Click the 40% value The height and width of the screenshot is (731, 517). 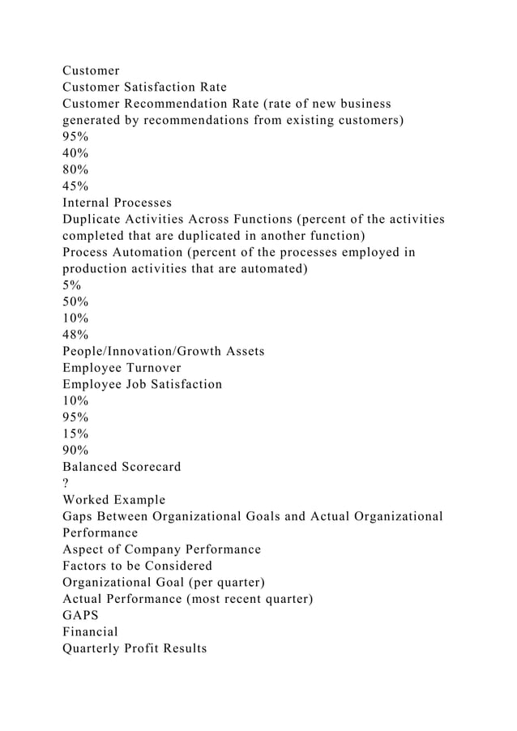[x=75, y=153]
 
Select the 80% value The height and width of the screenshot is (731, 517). [x=75, y=169]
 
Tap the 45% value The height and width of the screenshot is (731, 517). [x=75, y=186]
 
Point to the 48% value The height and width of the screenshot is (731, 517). [x=75, y=334]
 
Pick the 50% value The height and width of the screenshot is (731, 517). [x=75, y=301]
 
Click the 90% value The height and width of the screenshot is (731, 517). [x=75, y=450]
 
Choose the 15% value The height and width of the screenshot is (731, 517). [x=75, y=434]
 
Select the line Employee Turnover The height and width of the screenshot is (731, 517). [x=122, y=367]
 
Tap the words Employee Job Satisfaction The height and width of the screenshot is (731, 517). [x=142, y=384]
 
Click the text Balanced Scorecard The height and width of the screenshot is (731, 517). [x=122, y=467]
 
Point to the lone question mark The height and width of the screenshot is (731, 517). [x=66, y=483]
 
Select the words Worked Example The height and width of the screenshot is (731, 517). [x=113, y=499]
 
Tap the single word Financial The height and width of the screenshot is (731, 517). [x=90, y=631]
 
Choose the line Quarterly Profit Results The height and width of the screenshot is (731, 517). [x=135, y=648]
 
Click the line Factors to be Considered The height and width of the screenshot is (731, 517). [x=137, y=566]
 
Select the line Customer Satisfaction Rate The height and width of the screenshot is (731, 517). [x=144, y=87]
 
